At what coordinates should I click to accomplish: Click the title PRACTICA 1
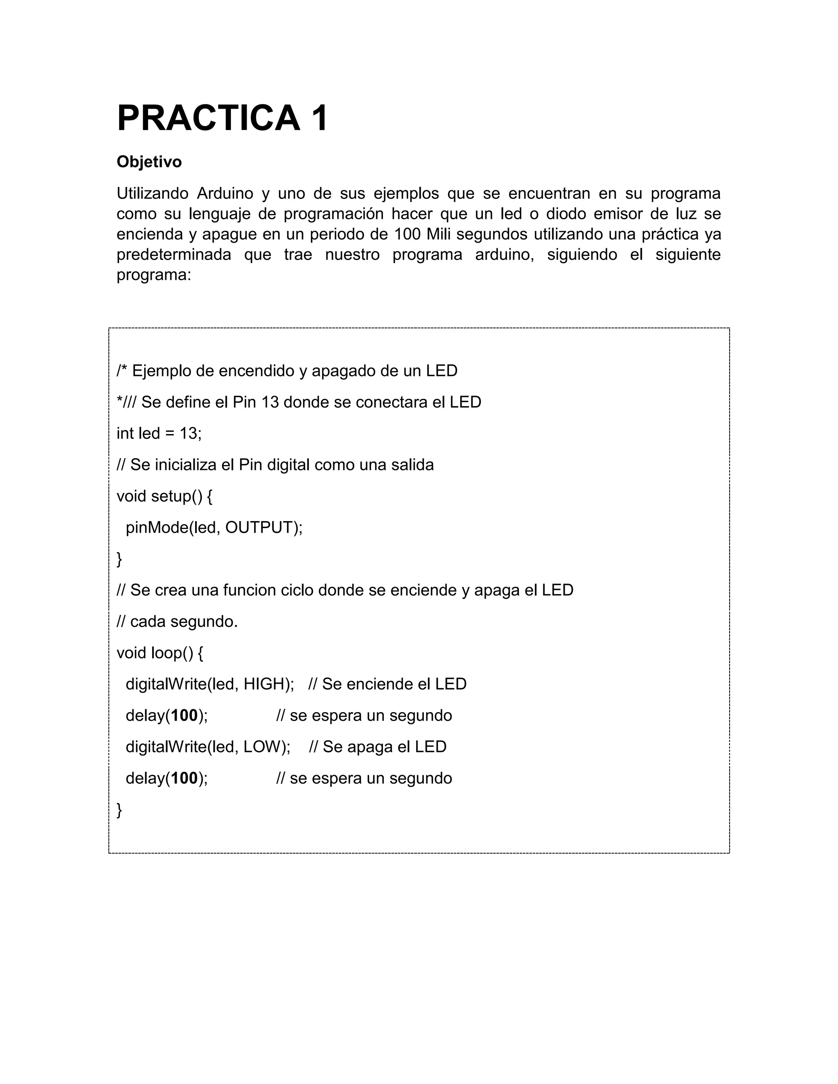click(223, 118)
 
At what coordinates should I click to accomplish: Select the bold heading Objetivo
click(149, 162)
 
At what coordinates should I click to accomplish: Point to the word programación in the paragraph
click(333, 214)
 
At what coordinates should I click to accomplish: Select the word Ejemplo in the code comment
click(161, 371)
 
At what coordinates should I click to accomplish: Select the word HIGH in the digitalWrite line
click(263, 684)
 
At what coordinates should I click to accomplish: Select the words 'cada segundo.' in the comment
click(184, 622)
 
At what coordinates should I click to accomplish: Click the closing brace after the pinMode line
click(119, 559)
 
